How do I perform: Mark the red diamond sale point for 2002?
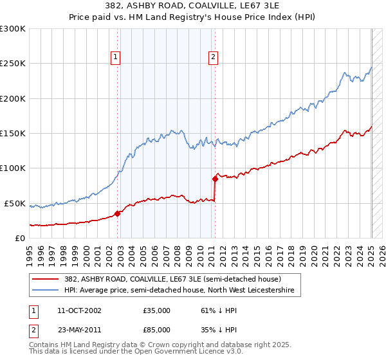[118, 213]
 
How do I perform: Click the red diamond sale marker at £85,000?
[215, 179]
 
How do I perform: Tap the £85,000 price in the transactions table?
[157, 328]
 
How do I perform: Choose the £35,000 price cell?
[157, 310]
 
